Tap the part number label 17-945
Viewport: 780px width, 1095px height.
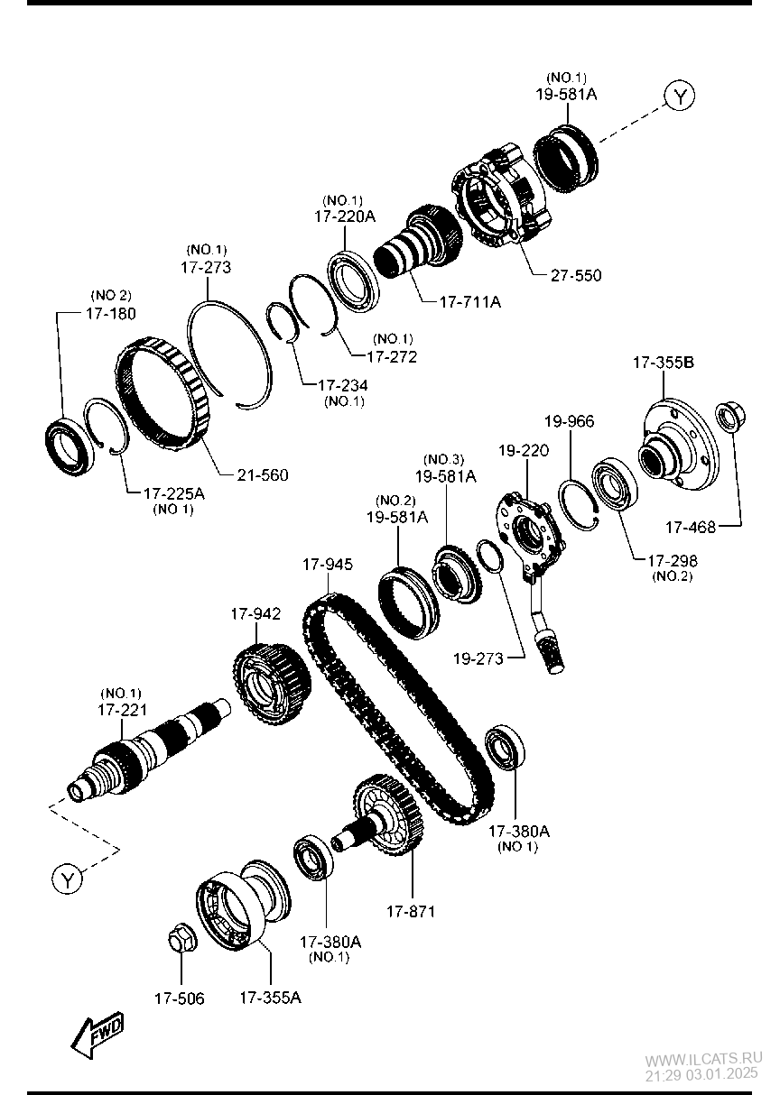[x=327, y=565]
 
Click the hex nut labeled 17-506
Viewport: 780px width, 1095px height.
[x=179, y=940]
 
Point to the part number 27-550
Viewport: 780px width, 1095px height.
[x=575, y=275]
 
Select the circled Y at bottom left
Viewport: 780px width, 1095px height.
[x=67, y=878]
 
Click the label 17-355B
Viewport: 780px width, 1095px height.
[x=663, y=363]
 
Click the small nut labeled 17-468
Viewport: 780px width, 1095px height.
[x=728, y=418]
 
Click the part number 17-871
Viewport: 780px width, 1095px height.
[x=411, y=912]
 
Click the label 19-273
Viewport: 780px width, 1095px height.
[x=478, y=658]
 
